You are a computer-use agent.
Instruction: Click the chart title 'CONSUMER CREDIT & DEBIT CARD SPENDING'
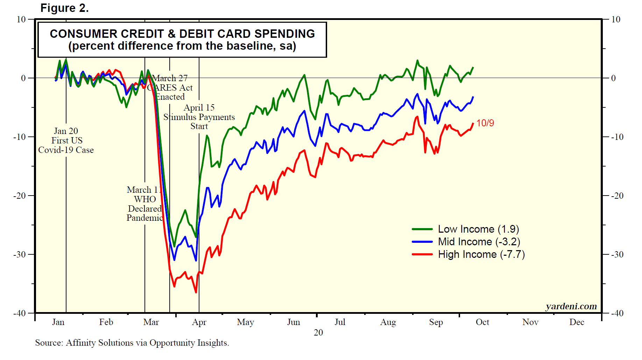click(182, 34)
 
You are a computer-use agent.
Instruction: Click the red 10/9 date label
click(485, 123)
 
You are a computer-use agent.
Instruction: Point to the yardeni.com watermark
click(571, 306)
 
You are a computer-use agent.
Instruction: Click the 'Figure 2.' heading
click(65, 8)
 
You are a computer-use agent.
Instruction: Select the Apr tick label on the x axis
click(199, 322)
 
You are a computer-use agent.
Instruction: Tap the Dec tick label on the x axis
click(577, 322)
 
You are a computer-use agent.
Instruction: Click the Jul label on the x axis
click(340, 322)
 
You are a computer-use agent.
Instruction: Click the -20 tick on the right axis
click(617, 196)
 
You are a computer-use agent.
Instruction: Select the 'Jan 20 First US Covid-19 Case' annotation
click(66, 141)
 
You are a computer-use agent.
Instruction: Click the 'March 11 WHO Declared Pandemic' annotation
click(144, 204)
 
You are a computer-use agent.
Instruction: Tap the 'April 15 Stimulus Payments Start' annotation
click(199, 117)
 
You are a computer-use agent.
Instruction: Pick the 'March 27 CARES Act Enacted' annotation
click(170, 87)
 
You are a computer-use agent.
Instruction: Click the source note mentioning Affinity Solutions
click(132, 343)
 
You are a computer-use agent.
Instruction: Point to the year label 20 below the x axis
click(318, 332)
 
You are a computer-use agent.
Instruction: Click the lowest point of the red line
click(196, 292)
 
